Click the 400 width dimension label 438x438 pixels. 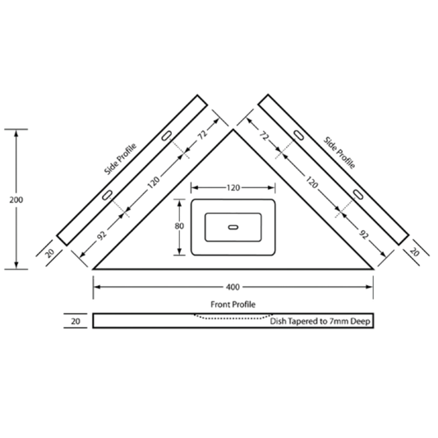[x=233, y=287]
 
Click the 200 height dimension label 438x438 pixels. [x=16, y=200]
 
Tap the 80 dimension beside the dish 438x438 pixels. [x=179, y=226]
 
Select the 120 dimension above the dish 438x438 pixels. [x=233, y=187]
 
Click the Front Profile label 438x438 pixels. [x=233, y=304]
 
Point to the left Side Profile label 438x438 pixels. [x=120, y=159]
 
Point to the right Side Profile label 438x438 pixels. [x=339, y=153]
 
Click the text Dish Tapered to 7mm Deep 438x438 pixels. [x=320, y=321]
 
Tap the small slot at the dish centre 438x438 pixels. [x=233, y=227]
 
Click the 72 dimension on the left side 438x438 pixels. [x=202, y=135]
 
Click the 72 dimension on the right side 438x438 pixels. [x=264, y=136]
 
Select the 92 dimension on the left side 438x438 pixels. [x=102, y=235]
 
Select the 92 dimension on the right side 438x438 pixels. [x=364, y=235]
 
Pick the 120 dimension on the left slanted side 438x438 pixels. [x=154, y=182]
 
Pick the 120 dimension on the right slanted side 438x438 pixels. [x=311, y=182]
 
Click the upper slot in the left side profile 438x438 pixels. [x=167, y=136]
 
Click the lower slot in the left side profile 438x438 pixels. [x=107, y=195]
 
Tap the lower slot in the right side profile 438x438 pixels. [x=357, y=195]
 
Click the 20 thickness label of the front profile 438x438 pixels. [x=76, y=321]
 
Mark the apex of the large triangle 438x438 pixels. [x=233, y=130]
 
